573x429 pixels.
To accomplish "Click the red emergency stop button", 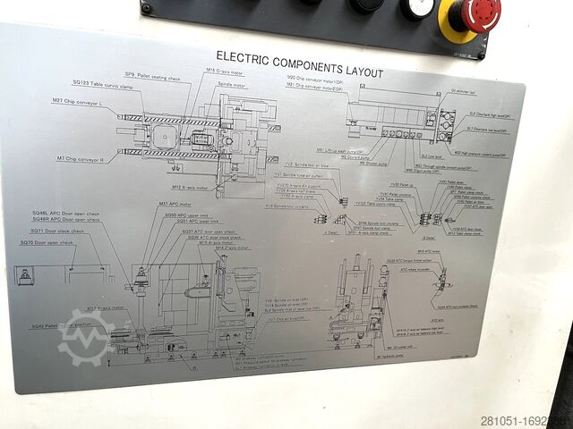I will [x=475, y=13].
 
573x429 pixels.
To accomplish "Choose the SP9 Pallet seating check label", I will [x=151, y=77].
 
